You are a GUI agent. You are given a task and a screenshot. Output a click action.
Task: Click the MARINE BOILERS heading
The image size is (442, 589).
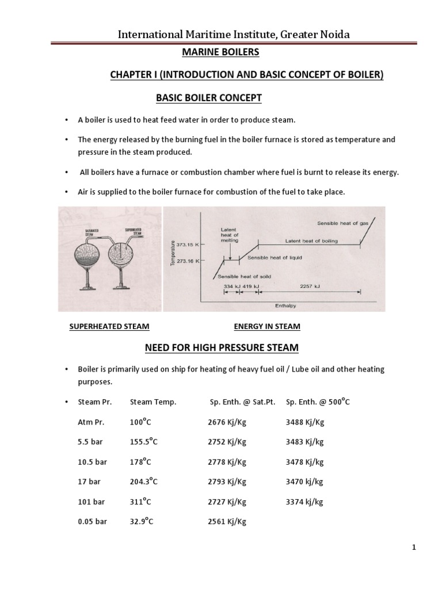tap(220, 52)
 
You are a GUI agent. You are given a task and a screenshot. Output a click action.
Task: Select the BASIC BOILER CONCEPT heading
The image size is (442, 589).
tap(209, 98)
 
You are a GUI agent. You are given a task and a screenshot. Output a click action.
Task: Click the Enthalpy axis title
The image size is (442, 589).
tap(285, 305)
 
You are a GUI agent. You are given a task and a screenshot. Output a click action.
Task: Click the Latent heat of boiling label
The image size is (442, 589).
tap(311, 240)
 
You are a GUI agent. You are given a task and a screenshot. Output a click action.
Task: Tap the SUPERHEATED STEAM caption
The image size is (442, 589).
tap(109, 327)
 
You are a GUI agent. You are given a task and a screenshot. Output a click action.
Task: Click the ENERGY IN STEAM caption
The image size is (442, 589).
tap(267, 327)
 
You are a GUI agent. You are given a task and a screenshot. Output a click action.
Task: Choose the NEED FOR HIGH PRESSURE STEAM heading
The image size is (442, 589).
tap(221, 348)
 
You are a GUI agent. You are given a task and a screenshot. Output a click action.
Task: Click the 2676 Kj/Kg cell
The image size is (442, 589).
tap(227, 422)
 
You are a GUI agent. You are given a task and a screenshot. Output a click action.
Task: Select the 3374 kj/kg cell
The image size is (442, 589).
tap(304, 502)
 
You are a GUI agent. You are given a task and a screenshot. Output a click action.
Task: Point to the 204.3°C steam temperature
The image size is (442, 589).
tap(144, 481)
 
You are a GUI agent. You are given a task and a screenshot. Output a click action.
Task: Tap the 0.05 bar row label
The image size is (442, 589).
tap(92, 522)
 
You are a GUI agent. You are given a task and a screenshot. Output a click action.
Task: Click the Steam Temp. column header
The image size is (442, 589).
tap(153, 402)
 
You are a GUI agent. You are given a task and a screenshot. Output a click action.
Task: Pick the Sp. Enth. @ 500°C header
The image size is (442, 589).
tap(318, 402)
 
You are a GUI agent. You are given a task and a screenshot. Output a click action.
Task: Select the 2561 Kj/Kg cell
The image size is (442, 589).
tap(227, 522)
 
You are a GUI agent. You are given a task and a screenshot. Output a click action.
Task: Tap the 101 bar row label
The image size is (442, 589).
tap(92, 502)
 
